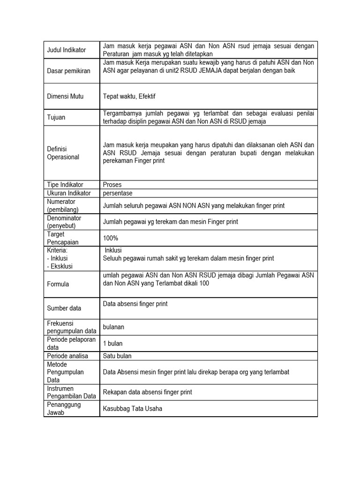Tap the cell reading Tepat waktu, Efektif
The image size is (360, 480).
(129, 96)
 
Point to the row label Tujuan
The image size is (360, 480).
(56, 117)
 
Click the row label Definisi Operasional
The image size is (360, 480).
(63, 153)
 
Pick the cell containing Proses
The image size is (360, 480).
(112, 185)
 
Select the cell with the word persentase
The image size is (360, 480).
(118, 193)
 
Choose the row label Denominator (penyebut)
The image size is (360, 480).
(64, 222)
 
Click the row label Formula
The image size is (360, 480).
(58, 284)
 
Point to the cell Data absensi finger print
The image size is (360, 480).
(135, 304)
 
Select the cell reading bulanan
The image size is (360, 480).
(113, 326)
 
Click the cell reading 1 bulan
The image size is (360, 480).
(112, 344)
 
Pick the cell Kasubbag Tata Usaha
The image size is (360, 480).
(133, 408)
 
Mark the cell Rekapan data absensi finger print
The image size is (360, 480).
(147, 392)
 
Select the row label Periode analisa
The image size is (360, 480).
(67, 356)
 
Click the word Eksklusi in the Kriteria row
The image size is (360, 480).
(61, 266)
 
